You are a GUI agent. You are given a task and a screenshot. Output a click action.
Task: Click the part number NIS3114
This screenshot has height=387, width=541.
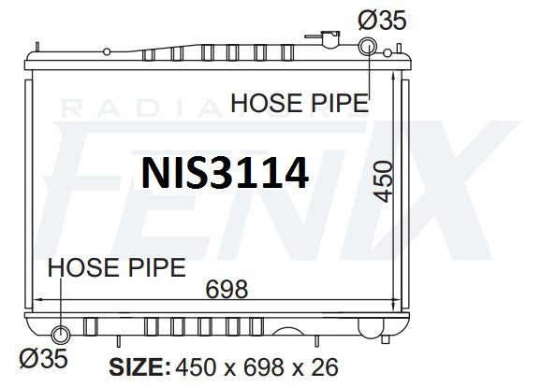coord(225,172)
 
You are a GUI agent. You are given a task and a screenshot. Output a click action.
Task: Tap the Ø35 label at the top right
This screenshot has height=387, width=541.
coord(382,20)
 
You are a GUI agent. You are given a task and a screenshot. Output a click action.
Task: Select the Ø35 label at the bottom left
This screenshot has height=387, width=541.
coord(43,358)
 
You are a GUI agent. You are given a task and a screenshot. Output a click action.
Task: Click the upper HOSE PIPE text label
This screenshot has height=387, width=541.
coord(300,103)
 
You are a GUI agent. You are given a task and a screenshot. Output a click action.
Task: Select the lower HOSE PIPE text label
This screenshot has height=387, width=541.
coord(117,267)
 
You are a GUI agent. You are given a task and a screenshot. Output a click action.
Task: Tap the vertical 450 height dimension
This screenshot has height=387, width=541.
coord(384,181)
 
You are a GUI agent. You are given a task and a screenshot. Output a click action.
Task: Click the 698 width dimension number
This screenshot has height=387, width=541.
coord(227,290)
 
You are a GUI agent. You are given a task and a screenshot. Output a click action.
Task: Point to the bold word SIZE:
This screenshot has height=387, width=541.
coord(139,367)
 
